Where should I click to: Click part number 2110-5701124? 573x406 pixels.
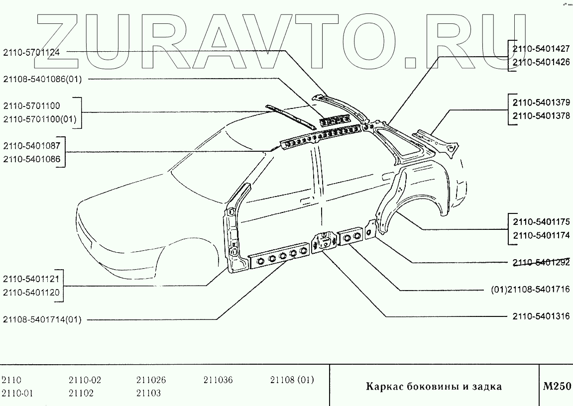pyautogui.click(x=31, y=51)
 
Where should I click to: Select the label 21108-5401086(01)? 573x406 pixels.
pyautogui.click(x=42, y=79)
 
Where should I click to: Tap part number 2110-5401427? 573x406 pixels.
pyautogui.click(x=541, y=49)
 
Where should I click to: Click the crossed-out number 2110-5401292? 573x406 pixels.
pyautogui.click(x=541, y=263)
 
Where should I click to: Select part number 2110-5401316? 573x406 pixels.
pyautogui.click(x=541, y=316)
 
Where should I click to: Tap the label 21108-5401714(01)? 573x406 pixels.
pyautogui.click(x=42, y=319)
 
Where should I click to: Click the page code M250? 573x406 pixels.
pyautogui.click(x=557, y=387)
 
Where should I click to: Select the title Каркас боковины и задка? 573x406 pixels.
pyautogui.click(x=434, y=387)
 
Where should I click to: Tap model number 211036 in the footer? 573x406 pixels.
pyautogui.click(x=218, y=381)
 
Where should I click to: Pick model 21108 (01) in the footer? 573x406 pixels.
pyautogui.click(x=292, y=381)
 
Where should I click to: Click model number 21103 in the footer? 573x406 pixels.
pyautogui.click(x=148, y=393)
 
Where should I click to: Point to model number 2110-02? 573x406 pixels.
pyautogui.click(x=85, y=381)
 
